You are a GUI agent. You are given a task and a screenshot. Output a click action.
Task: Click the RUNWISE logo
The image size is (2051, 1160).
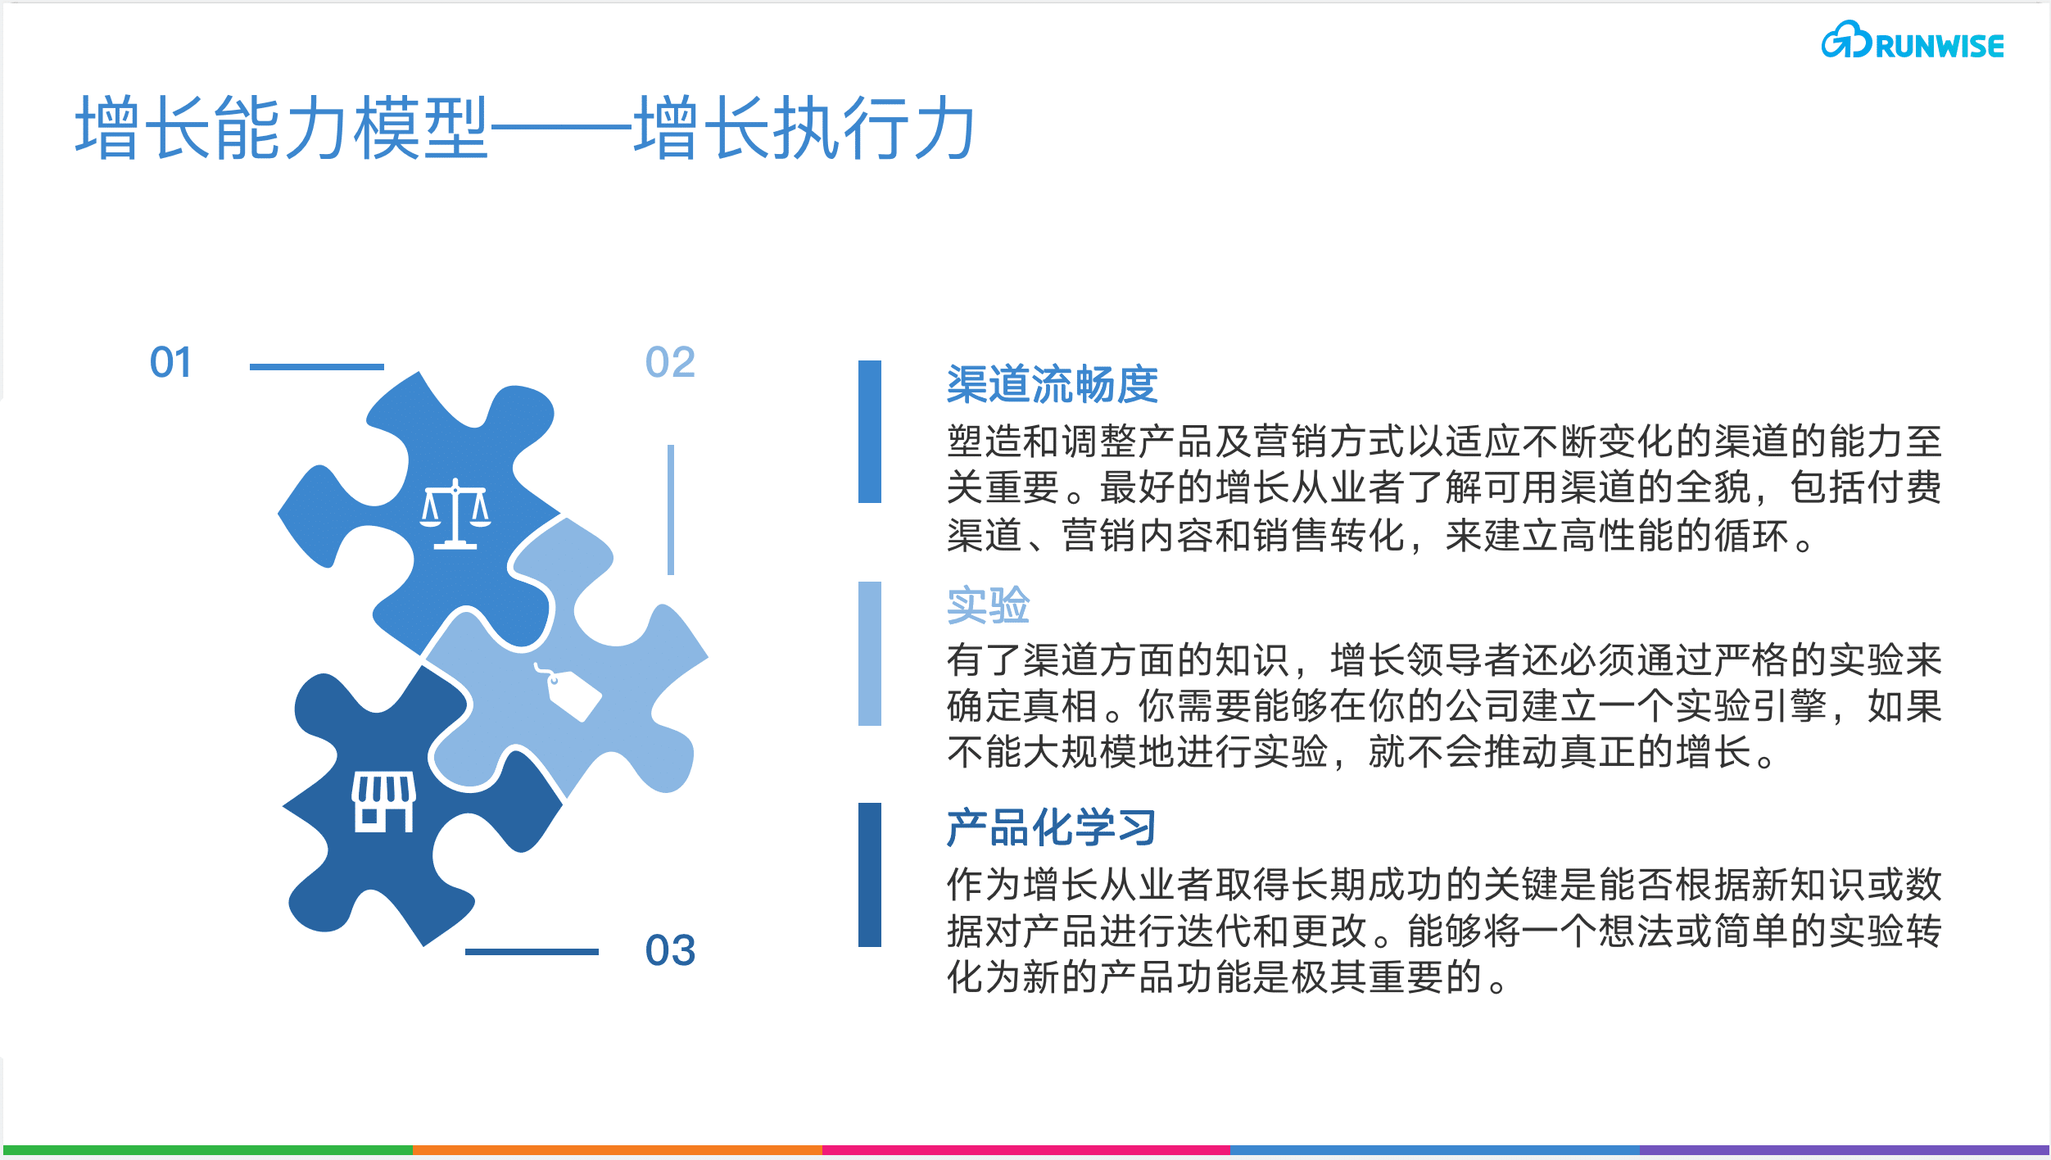click(1912, 41)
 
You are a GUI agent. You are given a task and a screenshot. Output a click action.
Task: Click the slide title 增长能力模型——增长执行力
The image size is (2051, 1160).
click(524, 128)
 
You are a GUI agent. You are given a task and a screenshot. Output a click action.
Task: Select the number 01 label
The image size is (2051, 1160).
click(170, 362)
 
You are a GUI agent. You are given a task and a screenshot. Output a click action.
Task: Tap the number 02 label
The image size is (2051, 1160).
click(670, 362)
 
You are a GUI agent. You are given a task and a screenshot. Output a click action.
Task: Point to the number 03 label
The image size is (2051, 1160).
click(670, 950)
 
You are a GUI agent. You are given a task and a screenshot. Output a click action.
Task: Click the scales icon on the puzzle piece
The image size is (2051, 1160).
click(455, 514)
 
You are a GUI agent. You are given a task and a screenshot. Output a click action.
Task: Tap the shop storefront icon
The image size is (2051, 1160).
click(383, 801)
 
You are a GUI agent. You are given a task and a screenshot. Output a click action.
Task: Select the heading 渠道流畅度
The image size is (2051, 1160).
click(1052, 384)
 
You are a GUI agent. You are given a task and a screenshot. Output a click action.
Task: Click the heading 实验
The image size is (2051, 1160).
click(988, 605)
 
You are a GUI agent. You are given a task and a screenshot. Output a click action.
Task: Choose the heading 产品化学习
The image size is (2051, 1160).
click(1052, 827)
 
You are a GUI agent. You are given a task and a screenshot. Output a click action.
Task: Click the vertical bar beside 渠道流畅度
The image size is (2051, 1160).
click(869, 432)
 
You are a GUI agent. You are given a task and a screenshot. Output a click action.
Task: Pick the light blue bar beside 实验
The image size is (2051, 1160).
click(869, 653)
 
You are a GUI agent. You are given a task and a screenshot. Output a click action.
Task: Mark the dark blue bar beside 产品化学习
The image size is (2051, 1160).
click(869, 874)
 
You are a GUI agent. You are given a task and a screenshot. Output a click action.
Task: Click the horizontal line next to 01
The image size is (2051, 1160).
click(316, 366)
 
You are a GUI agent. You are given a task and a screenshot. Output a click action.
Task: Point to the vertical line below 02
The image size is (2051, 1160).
click(671, 510)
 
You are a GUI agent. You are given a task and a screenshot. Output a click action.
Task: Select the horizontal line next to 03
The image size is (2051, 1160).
click(532, 951)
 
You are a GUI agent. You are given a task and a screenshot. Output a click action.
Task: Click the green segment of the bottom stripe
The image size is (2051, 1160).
click(208, 1150)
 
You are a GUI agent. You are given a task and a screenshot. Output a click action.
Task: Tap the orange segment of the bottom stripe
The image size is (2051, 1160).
click(617, 1150)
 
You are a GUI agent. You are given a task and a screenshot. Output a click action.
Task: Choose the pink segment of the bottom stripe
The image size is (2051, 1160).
click(1025, 1150)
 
